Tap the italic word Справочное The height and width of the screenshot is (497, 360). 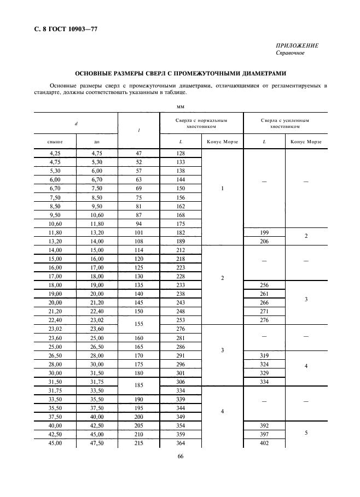pos(291,53)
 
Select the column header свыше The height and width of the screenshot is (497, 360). pos(55,142)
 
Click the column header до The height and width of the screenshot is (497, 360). pos(97,142)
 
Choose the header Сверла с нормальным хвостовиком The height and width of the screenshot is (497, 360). pos(201,123)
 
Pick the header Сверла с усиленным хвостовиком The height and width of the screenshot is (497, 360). pos(285,123)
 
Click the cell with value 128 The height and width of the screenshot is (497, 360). pos(181,154)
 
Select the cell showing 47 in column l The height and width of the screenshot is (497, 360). pos(138,154)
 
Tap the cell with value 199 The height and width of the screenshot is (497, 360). pos(264,232)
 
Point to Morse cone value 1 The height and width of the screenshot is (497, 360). pos(222,189)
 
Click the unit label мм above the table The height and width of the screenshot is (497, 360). pos(181,107)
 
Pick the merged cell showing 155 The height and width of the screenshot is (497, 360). pos(138,324)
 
